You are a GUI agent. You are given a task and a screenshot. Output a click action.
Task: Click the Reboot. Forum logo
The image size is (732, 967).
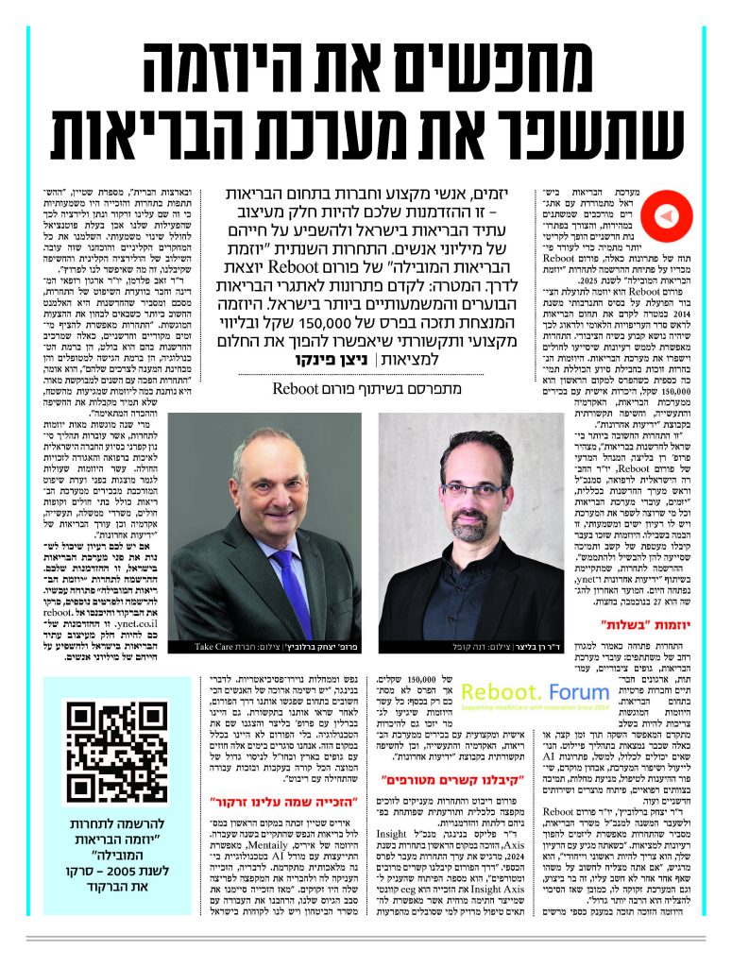[531, 692]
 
